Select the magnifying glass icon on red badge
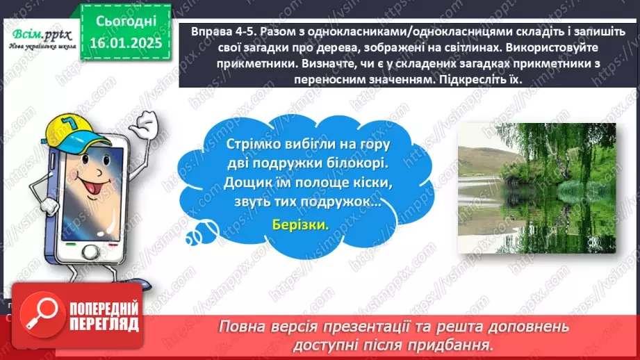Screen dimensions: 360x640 38,316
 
